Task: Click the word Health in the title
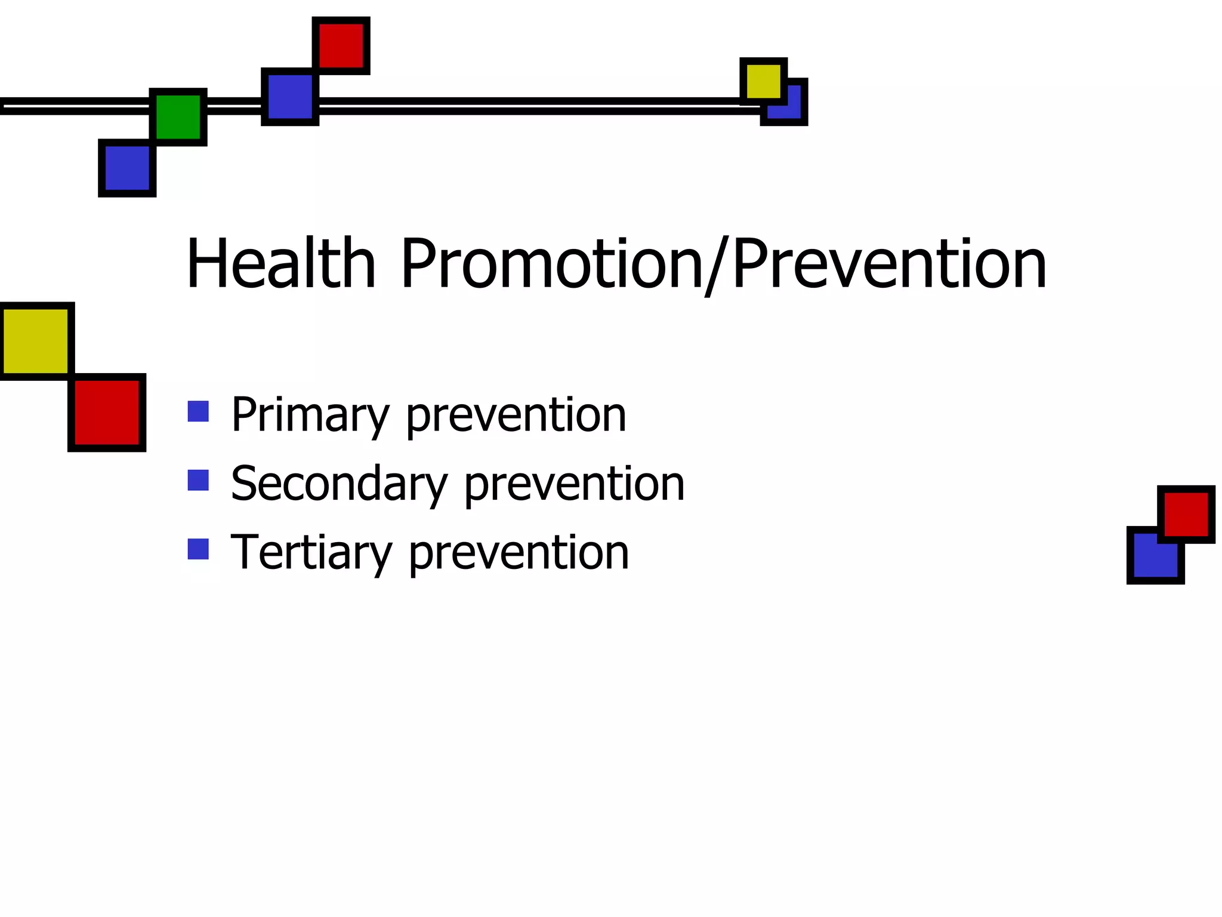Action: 281,263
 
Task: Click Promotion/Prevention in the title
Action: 723,263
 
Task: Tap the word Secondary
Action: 338,484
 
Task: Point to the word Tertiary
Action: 311,553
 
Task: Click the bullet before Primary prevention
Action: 198,411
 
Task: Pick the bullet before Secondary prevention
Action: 198,481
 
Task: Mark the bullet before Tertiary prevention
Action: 198,549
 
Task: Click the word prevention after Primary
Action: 516,416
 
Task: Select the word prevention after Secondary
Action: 574,485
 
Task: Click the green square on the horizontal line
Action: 178,117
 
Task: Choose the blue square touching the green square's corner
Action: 127,168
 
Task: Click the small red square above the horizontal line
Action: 341,46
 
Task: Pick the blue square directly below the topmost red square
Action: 290,97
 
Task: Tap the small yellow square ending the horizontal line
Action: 763,81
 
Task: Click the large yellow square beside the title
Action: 36,341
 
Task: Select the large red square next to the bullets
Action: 107,412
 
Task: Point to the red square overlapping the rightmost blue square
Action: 1186,514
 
